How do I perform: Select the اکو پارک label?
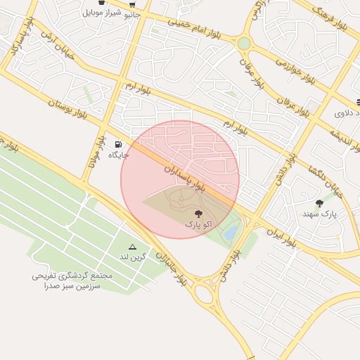pyautogui.click(x=198, y=224)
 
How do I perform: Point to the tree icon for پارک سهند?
pyautogui.click(x=320, y=203)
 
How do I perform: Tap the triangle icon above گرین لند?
pyautogui.click(x=131, y=247)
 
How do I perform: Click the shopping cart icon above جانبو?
pyautogui.click(x=132, y=4)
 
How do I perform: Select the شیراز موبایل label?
pyautogui.click(x=103, y=13)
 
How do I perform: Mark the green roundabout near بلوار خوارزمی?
pyautogui.click(x=244, y=44)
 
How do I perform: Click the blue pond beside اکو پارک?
pyautogui.click(x=231, y=233)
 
